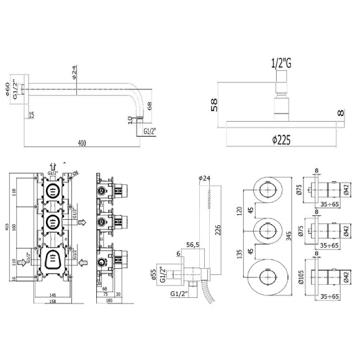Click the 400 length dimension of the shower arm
click(x=82, y=143)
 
